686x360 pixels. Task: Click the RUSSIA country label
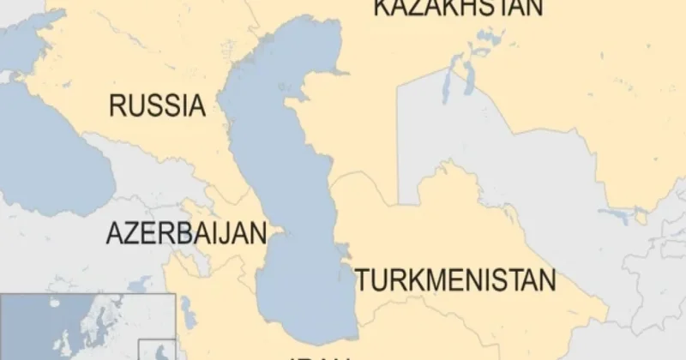tap(158, 106)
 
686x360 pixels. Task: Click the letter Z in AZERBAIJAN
tap(132, 233)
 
